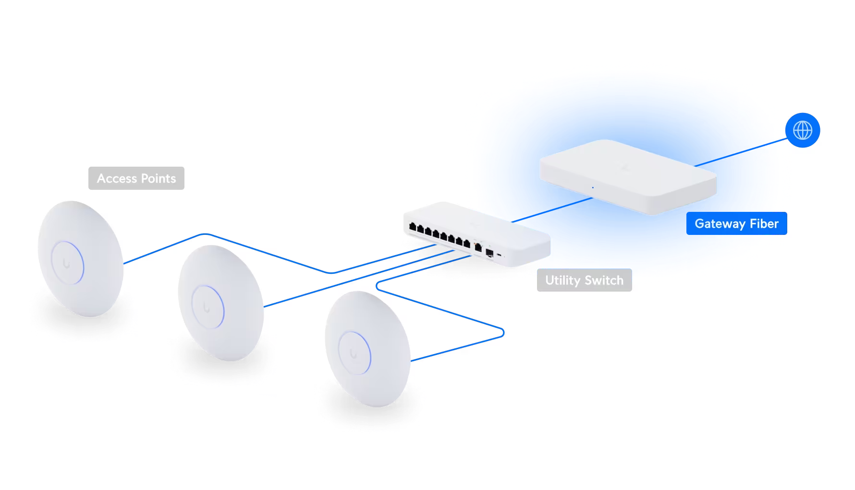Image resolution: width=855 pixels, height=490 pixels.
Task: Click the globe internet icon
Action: [803, 130]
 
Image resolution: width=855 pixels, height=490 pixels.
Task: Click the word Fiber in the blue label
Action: [764, 223]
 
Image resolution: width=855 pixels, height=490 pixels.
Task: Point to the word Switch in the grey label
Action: [604, 280]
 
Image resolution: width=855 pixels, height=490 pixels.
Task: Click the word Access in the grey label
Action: [117, 178]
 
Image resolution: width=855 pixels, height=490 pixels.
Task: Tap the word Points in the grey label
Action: [159, 178]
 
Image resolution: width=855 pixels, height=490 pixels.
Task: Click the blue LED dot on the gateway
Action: [593, 187]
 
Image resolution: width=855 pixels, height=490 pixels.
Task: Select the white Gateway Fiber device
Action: [628, 177]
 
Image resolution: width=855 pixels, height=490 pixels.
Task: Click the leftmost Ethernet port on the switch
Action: [413, 226]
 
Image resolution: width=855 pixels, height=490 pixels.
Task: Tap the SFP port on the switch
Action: [489, 253]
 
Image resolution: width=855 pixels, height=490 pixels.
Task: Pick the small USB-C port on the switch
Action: [499, 255]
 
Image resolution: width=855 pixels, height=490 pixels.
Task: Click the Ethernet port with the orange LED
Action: [478, 247]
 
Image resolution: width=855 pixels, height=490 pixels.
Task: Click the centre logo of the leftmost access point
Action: [67, 263]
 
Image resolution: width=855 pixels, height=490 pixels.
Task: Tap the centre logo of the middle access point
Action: [207, 307]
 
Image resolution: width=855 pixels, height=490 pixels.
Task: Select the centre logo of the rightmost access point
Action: [354, 354]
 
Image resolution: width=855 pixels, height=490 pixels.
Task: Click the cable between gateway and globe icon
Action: [741, 152]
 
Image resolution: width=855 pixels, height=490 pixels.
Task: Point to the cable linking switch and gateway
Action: [552, 210]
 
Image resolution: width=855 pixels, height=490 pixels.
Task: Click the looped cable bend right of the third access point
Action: [502, 332]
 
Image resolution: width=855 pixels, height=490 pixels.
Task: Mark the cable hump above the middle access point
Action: [205, 234]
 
